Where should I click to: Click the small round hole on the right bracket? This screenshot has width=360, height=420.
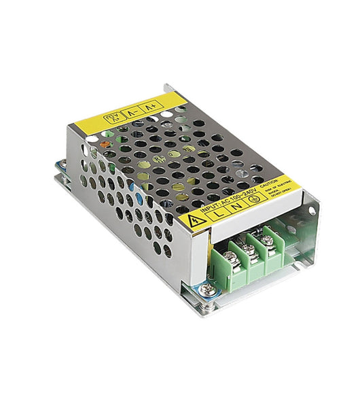(x=311, y=211)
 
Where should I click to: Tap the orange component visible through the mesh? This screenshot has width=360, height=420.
(x=103, y=144)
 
